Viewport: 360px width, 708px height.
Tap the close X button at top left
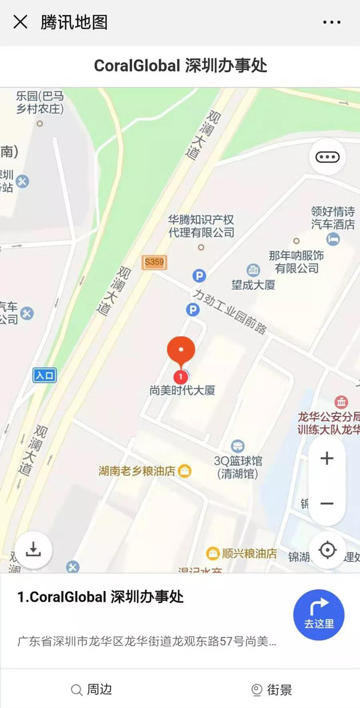[x=20, y=22]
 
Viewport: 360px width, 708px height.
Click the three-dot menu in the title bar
[x=332, y=23]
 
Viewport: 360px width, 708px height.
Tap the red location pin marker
[x=181, y=353]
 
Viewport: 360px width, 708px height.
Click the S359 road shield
[x=154, y=262]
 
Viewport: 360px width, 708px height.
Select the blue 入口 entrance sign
[x=44, y=376]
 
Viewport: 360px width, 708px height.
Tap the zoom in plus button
[x=327, y=459]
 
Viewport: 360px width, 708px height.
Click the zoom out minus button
[x=327, y=503]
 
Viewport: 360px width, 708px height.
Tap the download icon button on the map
[x=34, y=549]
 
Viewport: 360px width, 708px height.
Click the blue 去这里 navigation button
[x=319, y=615]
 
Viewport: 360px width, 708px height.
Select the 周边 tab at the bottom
[x=92, y=689]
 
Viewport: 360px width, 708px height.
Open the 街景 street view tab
[x=272, y=689]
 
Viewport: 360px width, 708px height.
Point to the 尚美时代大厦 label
[x=182, y=391]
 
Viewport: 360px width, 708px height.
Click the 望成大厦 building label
[x=253, y=284]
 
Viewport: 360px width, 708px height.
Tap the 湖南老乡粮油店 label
[x=137, y=471]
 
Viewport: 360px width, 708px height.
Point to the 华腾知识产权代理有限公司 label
[x=201, y=226]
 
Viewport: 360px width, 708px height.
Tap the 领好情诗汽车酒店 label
[x=332, y=218]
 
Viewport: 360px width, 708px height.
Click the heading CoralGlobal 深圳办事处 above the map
[x=180, y=65]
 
